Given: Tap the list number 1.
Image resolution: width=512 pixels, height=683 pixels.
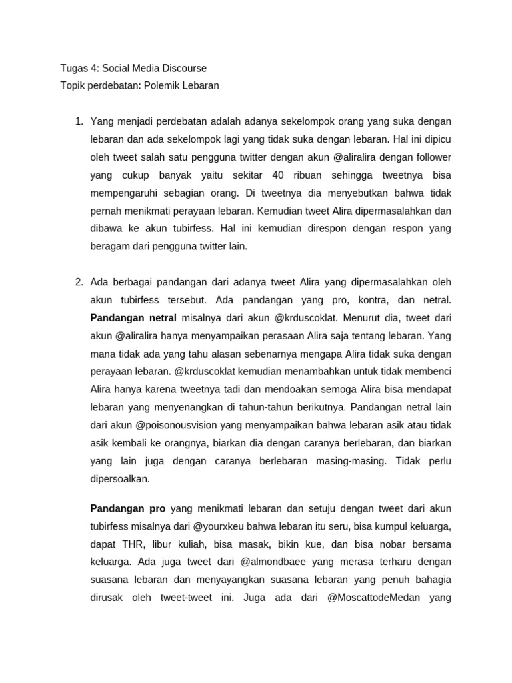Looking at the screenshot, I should tap(78, 121).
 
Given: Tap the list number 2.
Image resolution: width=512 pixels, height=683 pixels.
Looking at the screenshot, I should tap(78, 282).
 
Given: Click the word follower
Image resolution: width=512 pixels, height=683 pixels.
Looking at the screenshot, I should tap(430, 157).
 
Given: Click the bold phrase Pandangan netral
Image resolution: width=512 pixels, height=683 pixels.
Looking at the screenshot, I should tap(133, 318).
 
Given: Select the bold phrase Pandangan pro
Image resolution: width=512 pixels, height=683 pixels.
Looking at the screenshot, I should tap(128, 508).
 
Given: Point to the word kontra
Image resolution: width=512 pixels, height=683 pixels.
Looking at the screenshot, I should tap(383, 300).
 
